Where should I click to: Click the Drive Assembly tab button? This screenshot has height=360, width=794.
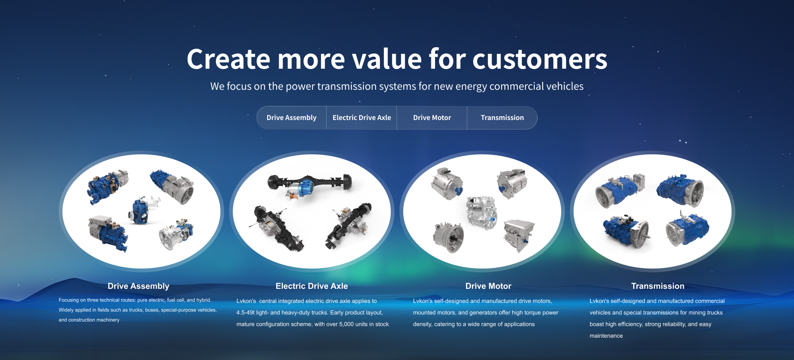(x=292, y=118)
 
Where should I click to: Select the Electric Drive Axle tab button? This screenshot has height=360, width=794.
(x=362, y=118)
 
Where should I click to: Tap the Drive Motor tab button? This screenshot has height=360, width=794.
(x=432, y=118)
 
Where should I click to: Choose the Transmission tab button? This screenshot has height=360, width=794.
(x=502, y=118)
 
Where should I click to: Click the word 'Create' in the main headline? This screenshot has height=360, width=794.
(x=229, y=59)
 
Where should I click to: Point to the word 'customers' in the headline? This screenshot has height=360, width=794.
(x=540, y=60)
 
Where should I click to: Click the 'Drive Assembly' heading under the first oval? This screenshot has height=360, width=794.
(x=139, y=286)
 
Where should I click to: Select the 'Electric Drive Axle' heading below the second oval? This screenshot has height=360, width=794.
(x=312, y=286)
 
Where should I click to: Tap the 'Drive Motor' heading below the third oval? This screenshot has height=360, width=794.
(x=488, y=286)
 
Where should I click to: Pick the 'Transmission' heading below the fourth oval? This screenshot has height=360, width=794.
(x=658, y=286)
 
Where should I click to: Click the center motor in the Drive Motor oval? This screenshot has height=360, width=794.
(x=481, y=212)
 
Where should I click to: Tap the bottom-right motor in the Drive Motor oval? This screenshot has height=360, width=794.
(x=519, y=235)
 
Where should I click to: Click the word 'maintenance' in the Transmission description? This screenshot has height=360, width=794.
(x=606, y=336)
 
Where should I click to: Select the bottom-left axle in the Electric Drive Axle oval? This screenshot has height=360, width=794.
(x=277, y=228)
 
